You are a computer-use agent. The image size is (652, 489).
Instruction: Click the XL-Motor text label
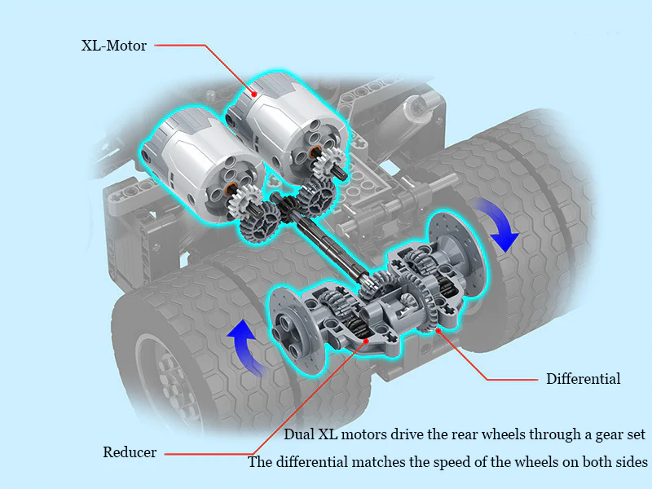pos(113,46)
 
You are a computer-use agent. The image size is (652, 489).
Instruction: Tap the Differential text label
pos(583,379)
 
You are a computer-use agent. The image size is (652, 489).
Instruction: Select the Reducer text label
pos(130,452)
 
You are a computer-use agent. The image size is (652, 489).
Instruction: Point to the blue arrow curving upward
pos(243,345)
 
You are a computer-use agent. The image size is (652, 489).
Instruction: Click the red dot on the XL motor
pos(253,94)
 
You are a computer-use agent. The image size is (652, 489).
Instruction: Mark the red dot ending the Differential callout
pos(438,331)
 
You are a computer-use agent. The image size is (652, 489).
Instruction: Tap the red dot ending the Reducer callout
pos(366,341)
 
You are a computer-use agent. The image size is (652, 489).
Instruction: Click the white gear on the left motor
pos(243,199)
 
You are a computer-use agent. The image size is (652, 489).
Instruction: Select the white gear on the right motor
pos(328,161)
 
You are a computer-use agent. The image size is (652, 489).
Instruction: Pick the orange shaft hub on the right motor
pos(315,151)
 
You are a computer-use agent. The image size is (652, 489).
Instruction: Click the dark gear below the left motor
pos(261,222)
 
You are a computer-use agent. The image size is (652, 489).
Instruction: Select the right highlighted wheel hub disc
pos(456,253)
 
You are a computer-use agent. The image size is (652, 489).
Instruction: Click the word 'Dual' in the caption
pos(298,434)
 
